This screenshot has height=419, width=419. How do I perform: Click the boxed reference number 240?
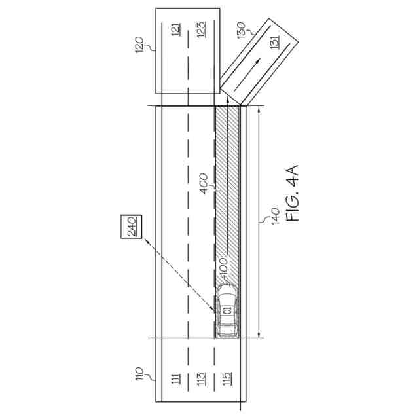pos(131,227)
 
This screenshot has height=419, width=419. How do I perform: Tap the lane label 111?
pos(176,378)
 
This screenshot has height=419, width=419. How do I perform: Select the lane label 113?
pos(202,378)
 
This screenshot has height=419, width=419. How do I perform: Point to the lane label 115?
pos(227,378)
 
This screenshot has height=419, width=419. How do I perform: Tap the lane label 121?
pos(176,29)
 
